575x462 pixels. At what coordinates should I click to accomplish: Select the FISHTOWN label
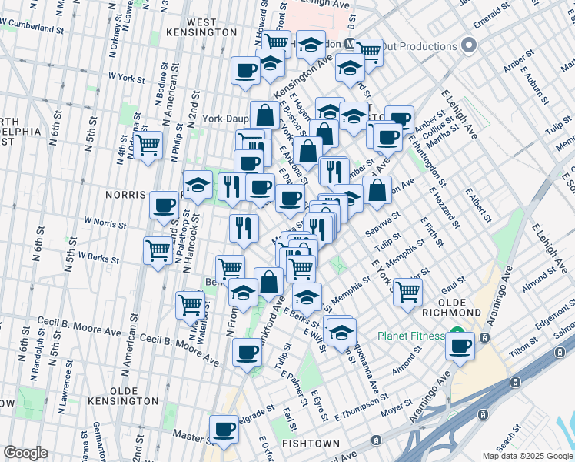pos(306,444)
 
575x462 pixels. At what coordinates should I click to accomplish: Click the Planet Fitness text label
pos(410,336)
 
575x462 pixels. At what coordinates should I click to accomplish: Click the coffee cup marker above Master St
pos(224,427)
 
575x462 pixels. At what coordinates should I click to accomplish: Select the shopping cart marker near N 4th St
pos(148,144)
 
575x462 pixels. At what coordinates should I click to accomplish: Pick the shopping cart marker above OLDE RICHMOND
pos(407,291)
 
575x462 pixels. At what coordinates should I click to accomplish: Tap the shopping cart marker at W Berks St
pos(158,250)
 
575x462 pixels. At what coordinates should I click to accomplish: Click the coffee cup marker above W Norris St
pos(165,205)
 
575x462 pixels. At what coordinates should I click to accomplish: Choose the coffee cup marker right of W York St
pos(246,70)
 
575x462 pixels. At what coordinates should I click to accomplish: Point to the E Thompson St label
pos(360,407)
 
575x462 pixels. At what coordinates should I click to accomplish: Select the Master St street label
pos(187,436)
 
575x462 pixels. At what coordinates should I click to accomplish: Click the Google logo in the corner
pos(25,453)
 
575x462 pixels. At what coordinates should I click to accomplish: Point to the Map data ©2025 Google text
pos(527,456)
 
